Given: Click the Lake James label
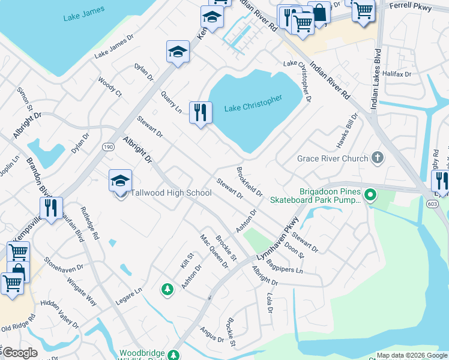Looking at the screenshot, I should [84, 13].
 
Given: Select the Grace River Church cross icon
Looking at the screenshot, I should [377, 158].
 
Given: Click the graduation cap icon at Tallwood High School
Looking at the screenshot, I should [120, 181].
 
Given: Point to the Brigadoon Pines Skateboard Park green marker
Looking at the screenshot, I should [370, 194].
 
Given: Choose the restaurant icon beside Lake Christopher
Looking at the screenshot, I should [200, 112].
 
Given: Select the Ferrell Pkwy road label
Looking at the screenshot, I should [411, 5].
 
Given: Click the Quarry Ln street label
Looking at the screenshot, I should [171, 102].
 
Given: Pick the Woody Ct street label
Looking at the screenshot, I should [110, 87].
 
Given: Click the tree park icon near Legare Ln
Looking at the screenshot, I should [167, 290].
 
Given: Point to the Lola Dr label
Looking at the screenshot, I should [269, 303].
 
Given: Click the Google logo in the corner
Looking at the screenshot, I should [20, 353].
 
